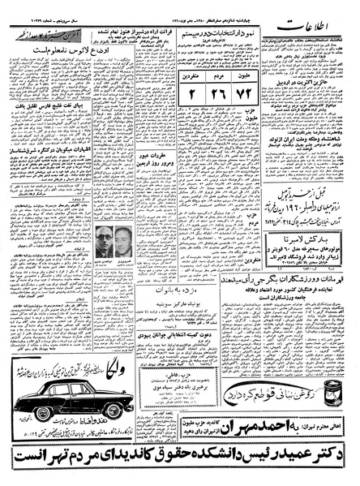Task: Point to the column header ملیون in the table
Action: click(x=247, y=70)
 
